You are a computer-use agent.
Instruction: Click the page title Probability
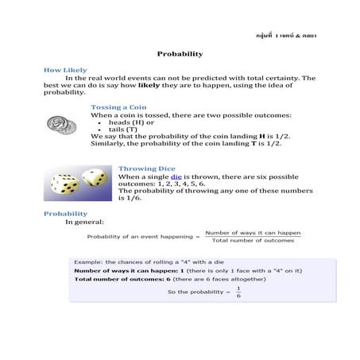180,53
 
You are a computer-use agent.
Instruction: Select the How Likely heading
65,70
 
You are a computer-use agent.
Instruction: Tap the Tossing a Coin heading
118,106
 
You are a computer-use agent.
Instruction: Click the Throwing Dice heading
147,168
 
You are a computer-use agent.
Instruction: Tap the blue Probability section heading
65,214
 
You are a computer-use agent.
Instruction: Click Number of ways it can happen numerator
249,233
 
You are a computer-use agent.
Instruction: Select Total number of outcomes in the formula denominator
253,241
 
